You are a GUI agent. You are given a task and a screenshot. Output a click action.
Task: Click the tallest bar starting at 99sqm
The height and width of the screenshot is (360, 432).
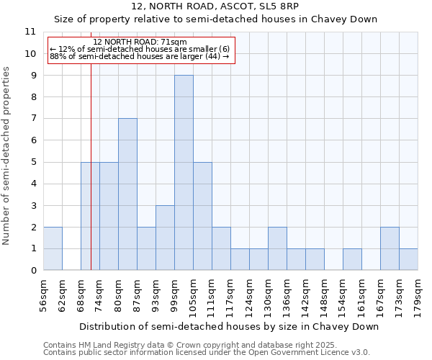point(184,173)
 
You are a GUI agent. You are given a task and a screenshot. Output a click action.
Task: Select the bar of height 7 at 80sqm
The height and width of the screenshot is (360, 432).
point(127,194)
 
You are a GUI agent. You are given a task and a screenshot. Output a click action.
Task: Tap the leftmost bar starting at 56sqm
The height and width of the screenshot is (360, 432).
point(53,248)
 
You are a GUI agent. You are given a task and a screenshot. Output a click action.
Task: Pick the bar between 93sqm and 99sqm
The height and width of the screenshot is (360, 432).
point(165,238)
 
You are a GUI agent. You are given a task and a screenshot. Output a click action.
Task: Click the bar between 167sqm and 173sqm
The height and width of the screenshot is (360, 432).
point(390,248)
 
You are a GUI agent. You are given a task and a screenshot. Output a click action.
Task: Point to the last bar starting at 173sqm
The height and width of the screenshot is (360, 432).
point(408,259)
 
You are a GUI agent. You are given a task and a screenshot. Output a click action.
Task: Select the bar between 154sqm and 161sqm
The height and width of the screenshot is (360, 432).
point(352,259)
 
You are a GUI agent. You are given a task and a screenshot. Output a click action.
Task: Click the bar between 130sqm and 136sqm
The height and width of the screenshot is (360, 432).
point(277,248)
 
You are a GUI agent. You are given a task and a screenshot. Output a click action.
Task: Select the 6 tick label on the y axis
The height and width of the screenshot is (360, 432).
point(33,140)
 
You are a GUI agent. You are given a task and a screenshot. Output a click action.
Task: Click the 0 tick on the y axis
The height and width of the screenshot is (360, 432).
point(33,271)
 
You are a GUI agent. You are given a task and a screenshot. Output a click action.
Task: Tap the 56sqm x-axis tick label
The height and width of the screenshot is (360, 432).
point(44,294)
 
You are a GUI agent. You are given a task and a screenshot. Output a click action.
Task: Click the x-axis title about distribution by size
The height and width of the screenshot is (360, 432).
point(229,326)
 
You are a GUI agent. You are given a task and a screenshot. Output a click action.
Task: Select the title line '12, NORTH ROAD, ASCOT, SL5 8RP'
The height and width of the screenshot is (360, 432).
point(217,6)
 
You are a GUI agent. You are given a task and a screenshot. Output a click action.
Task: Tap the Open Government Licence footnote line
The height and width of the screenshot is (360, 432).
point(207,352)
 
